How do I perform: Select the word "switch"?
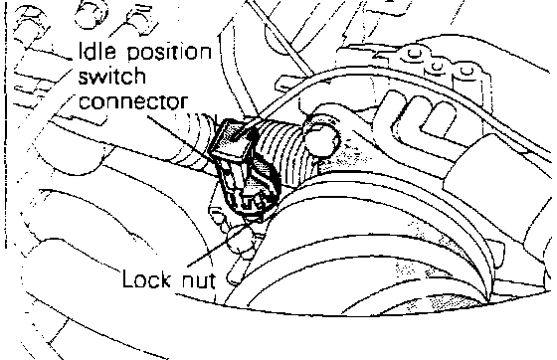[x=111, y=77]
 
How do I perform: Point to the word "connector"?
[x=132, y=101]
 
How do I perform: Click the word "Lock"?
[x=146, y=278]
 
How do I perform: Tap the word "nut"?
[x=198, y=280]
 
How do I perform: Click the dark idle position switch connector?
[x=245, y=170]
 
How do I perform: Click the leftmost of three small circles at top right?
[x=413, y=54]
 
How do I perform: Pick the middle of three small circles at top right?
[x=437, y=66]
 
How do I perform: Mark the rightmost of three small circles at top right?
[x=465, y=71]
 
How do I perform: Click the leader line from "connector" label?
[x=181, y=138]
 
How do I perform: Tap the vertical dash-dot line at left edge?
[x=5, y=124]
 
